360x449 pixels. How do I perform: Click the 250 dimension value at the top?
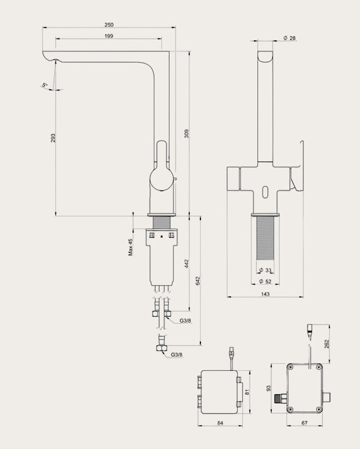pyautogui.click(x=109, y=24)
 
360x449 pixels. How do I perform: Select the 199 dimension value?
pyautogui.click(x=109, y=36)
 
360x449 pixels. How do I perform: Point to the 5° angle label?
pyautogui.click(x=44, y=85)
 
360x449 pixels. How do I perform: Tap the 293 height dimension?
pyautogui.click(x=53, y=138)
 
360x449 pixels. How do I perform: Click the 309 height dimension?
pyautogui.click(x=186, y=134)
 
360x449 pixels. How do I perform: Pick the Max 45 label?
pyautogui.click(x=130, y=247)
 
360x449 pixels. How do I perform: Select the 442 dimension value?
pyautogui.click(x=186, y=264)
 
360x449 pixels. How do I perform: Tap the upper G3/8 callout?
pyautogui.click(x=185, y=321)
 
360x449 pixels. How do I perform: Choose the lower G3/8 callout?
pyautogui.click(x=177, y=355)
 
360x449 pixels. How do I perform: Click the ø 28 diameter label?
pyautogui.click(x=290, y=38)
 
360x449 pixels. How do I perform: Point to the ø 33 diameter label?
pyautogui.click(x=265, y=270)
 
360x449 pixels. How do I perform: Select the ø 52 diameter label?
pyautogui.click(x=265, y=282)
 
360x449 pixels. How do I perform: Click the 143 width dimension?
pyautogui.click(x=266, y=294)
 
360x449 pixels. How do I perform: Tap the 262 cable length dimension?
pyautogui.click(x=327, y=344)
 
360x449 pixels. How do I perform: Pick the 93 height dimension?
pyautogui.click(x=269, y=388)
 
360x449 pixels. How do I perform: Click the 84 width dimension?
pyautogui.click(x=220, y=423)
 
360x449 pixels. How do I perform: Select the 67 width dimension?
pyautogui.click(x=305, y=423)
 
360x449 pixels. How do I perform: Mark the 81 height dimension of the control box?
pyautogui.click(x=248, y=392)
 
